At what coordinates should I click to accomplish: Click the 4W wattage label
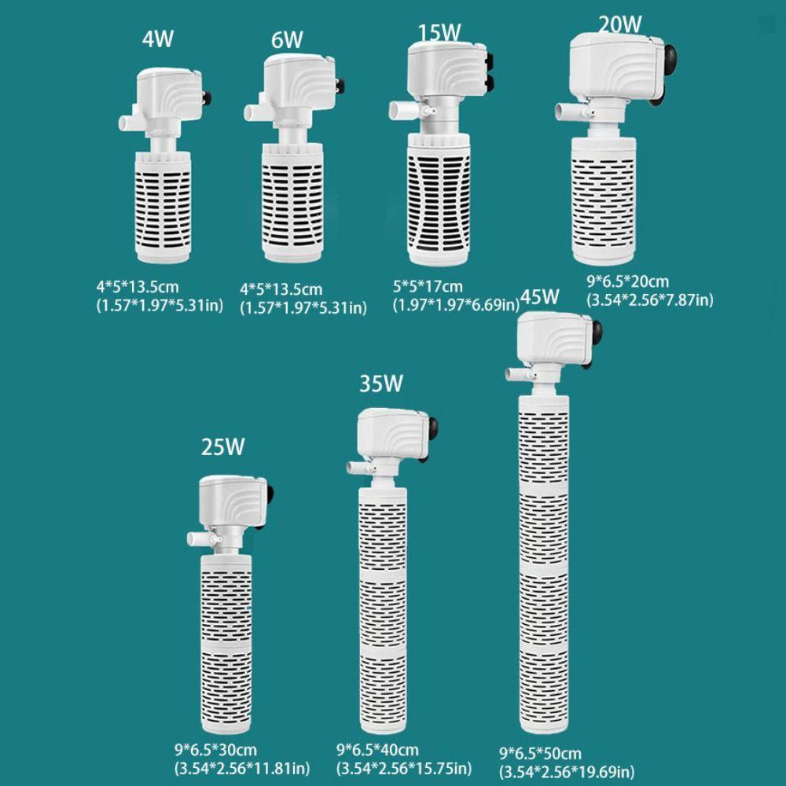(x=158, y=39)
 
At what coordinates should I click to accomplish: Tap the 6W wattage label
(x=287, y=40)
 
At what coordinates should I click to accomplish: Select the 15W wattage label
(x=439, y=32)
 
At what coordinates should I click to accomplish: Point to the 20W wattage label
(x=620, y=24)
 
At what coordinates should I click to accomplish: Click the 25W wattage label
(x=223, y=446)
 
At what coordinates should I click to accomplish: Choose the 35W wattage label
(x=381, y=384)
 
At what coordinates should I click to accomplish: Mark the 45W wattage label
(x=539, y=297)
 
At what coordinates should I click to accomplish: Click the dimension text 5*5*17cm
(x=428, y=287)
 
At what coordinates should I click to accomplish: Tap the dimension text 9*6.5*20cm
(x=627, y=281)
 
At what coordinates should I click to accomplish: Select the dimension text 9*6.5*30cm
(x=215, y=750)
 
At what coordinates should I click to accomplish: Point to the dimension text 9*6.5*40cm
(x=377, y=750)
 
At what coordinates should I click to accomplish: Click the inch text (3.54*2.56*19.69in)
(x=567, y=772)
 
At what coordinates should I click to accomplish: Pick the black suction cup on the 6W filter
(x=340, y=86)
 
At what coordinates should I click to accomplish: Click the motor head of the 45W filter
(x=554, y=338)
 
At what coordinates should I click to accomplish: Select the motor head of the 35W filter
(x=393, y=434)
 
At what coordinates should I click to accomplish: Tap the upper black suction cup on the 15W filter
(x=490, y=61)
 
